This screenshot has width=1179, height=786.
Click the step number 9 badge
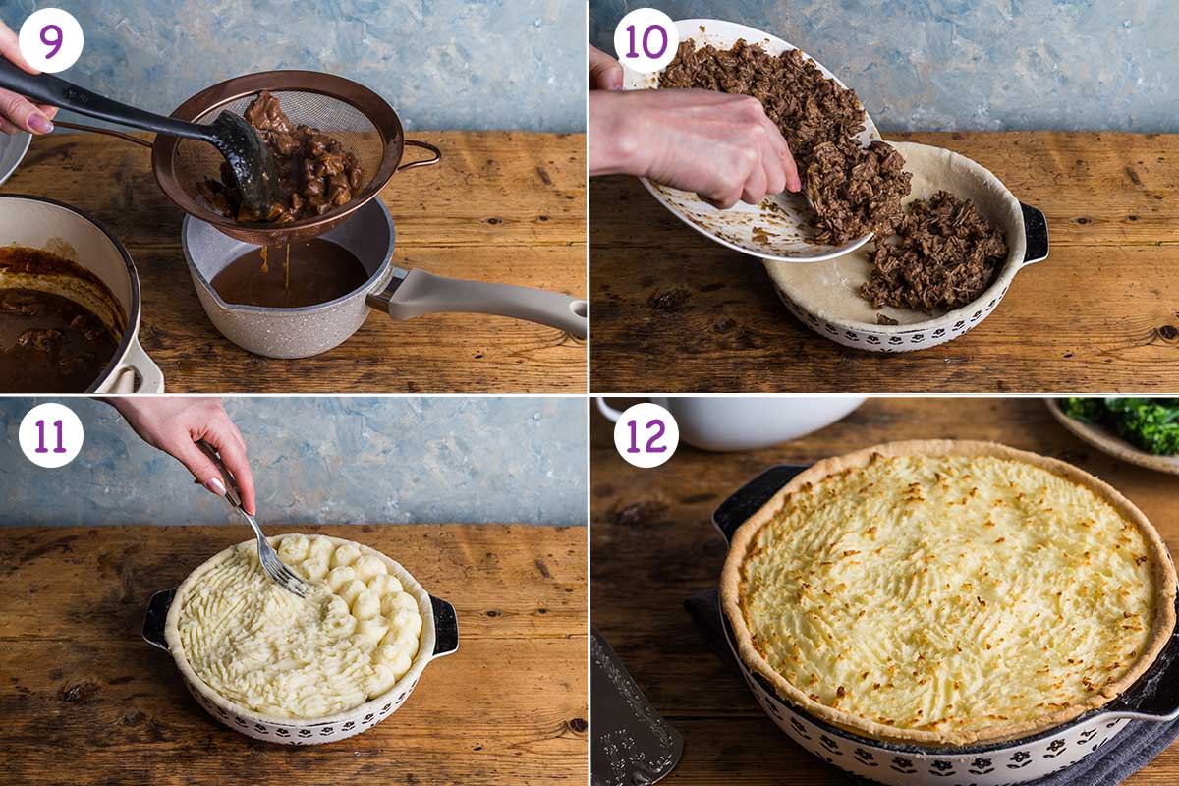[x=50, y=40]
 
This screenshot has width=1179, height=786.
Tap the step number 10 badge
[x=646, y=40]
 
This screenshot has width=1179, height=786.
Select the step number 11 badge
[x=50, y=434]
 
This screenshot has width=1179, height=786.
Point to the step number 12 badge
[x=646, y=434]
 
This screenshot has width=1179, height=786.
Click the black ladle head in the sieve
[x=246, y=157]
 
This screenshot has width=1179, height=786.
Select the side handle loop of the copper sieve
[x=421, y=155]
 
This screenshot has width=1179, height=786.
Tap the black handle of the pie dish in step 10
[x=1035, y=234]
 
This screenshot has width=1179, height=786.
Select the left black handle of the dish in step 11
[x=157, y=617]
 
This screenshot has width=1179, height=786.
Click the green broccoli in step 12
[x=1130, y=422]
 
